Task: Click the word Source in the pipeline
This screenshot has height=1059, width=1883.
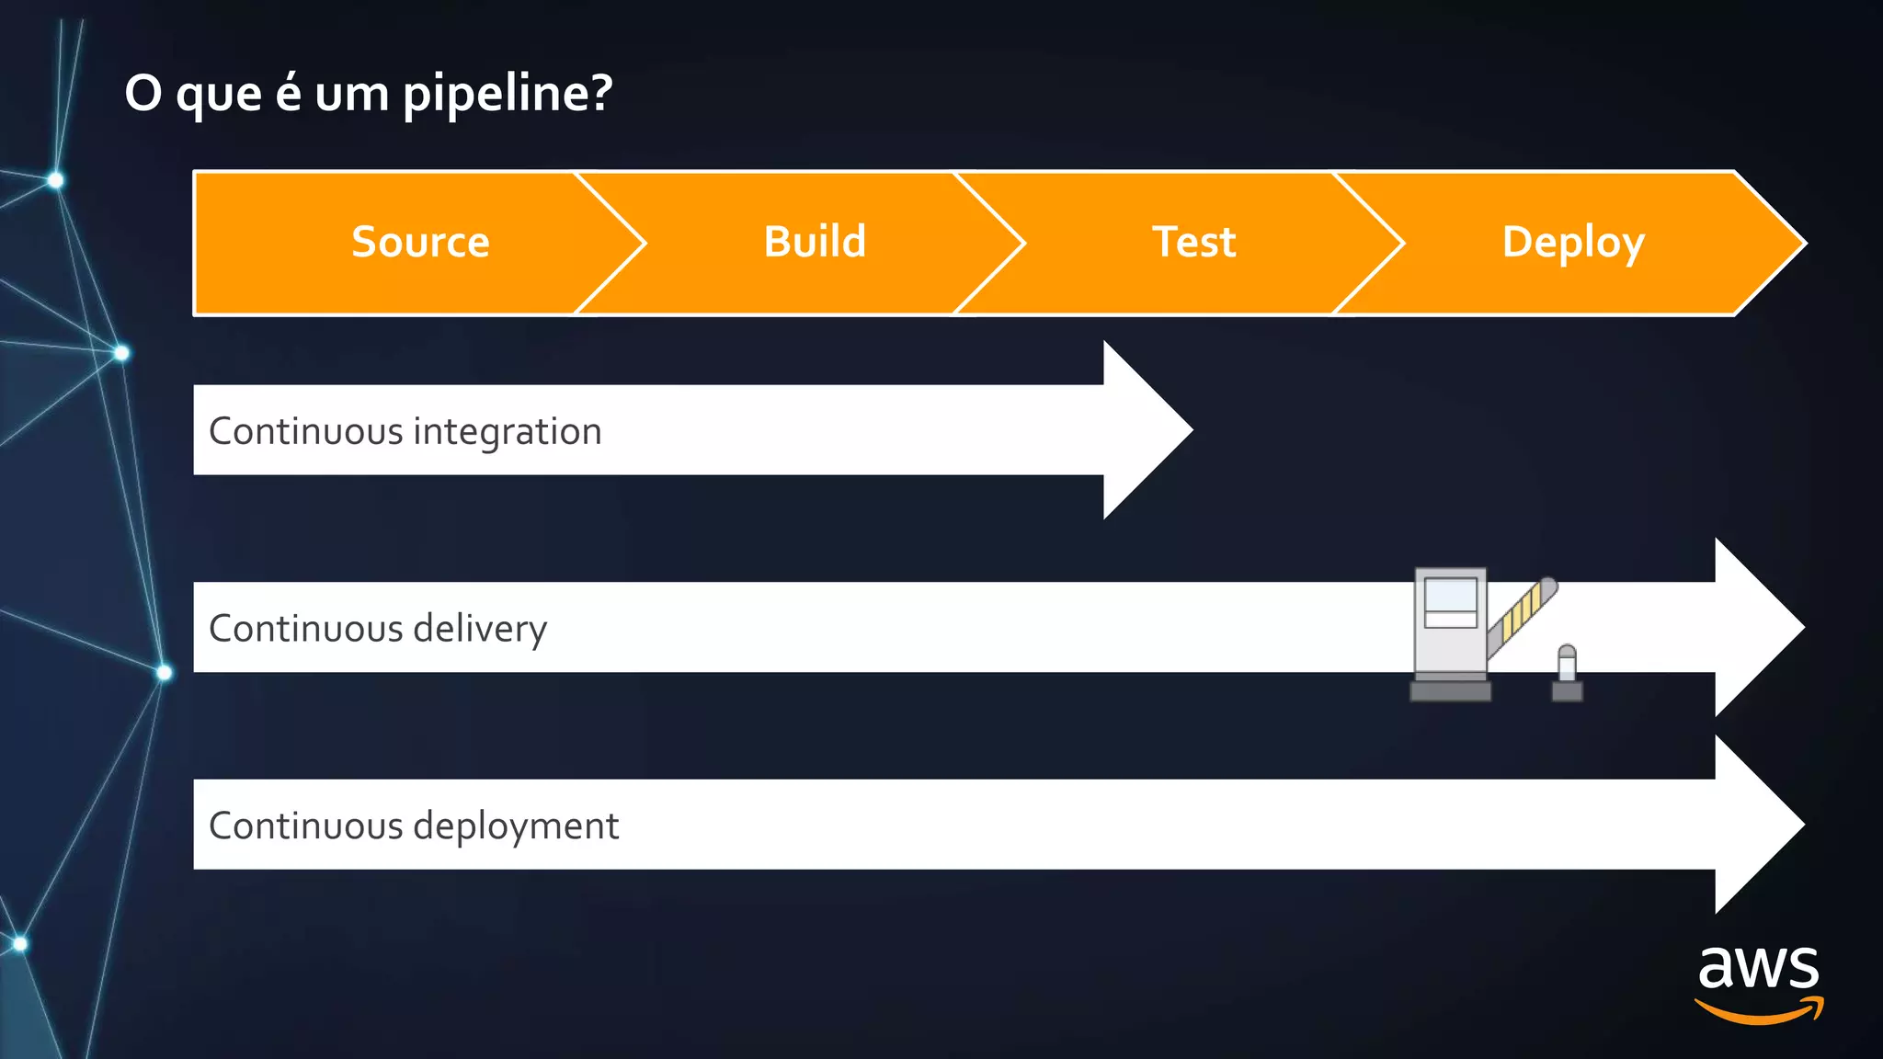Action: click(x=420, y=243)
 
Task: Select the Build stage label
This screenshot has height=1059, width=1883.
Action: click(x=815, y=243)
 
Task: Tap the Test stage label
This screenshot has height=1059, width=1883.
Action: click(x=1193, y=243)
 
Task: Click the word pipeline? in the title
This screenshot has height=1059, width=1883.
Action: click(x=508, y=94)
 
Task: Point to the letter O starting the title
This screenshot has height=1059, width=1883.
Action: click(x=143, y=94)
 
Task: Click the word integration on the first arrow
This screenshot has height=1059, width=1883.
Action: click(x=508, y=432)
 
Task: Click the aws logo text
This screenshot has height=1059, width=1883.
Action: click(x=1758, y=967)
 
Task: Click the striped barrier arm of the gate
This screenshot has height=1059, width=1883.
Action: click(x=1523, y=614)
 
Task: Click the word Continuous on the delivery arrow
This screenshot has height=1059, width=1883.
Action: click(x=305, y=629)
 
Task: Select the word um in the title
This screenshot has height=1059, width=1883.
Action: click(x=351, y=94)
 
